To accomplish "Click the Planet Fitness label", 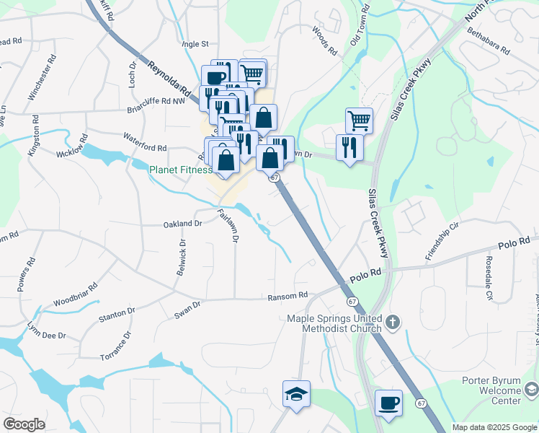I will pyautogui.click(x=180, y=170).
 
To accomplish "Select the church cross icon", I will pyautogui.click(x=392, y=322).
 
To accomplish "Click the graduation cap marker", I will pyautogui.click(x=296, y=394).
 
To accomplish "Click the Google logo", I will pyautogui.click(x=24, y=424).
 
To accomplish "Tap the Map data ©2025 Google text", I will pyautogui.click(x=494, y=427).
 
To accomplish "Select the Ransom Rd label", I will pyautogui.click(x=288, y=295).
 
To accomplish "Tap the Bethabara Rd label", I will pyautogui.click(x=488, y=41).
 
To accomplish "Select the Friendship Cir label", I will pyautogui.click(x=442, y=242).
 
